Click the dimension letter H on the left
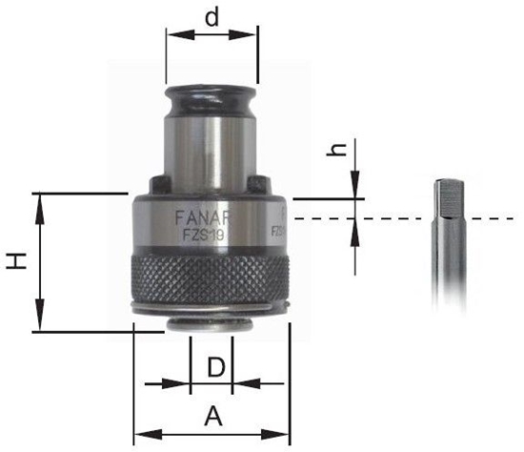pos(17,261)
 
